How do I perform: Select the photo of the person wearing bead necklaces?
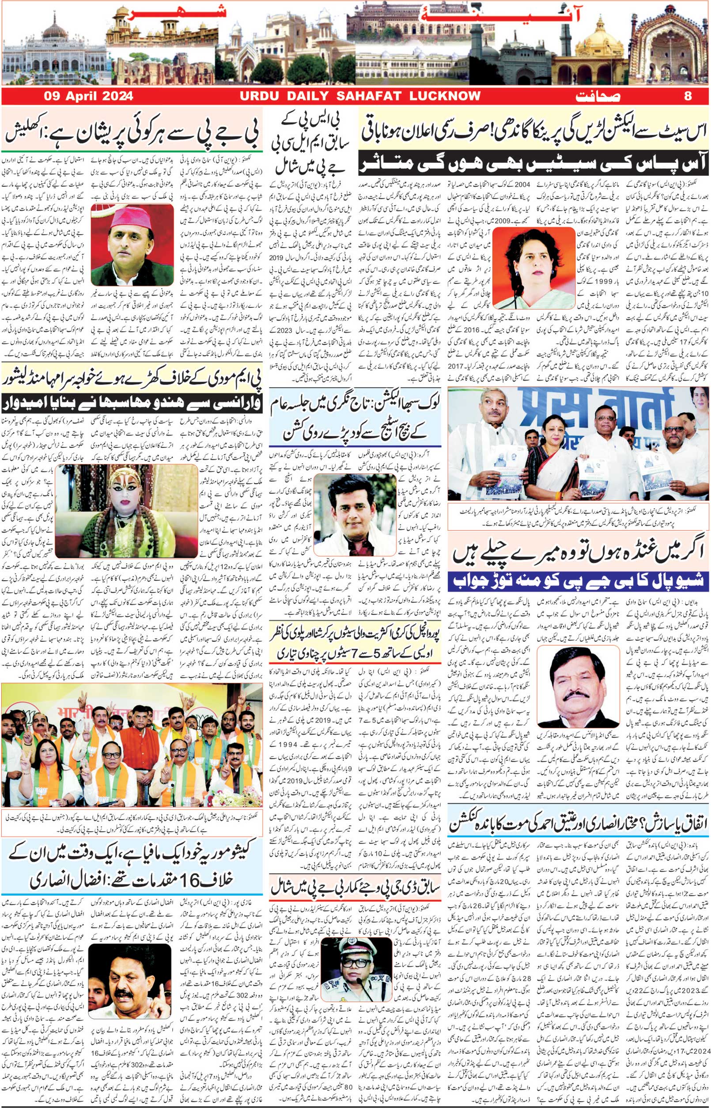point(126,511)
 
